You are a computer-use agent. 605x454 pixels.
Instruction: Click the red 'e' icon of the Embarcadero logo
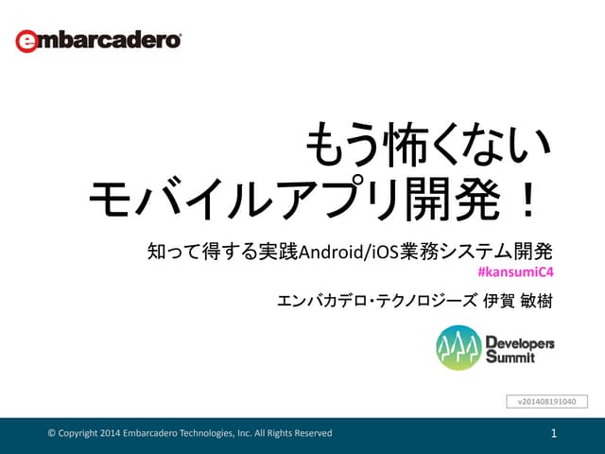coord(26,42)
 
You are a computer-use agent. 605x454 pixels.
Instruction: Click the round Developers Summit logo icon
coord(458,348)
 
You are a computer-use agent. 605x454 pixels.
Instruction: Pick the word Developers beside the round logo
coord(520,341)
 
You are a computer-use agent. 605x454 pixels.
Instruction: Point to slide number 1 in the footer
coord(555,433)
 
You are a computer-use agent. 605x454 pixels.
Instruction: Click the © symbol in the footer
coord(52,433)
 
